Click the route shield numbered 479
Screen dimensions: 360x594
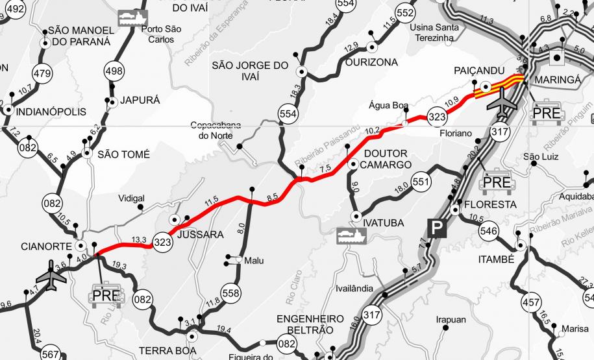[x=42, y=73]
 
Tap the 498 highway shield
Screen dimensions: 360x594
[x=112, y=70]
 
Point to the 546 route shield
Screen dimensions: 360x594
[x=489, y=230]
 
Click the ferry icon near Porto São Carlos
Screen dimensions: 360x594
[x=132, y=18]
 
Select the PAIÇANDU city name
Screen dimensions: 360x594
[x=475, y=69]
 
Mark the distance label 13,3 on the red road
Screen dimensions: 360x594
[x=139, y=240]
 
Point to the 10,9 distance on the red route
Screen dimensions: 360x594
[x=452, y=99]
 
